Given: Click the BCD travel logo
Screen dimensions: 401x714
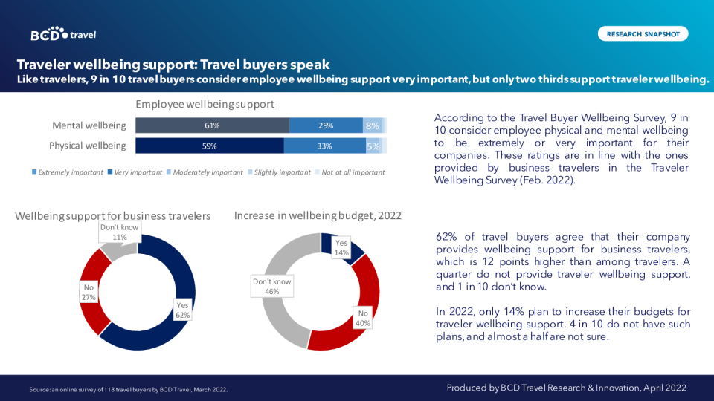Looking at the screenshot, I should pyautogui.click(x=63, y=34).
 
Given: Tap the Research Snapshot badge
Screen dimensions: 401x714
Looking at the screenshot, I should pyautogui.click(x=643, y=34).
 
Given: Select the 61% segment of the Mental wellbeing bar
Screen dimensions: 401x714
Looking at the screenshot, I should pyautogui.click(x=212, y=125).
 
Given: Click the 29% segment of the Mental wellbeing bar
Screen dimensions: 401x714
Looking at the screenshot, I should pyautogui.click(x=326, y=125).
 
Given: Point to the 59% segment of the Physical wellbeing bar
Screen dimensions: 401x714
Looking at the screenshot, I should pyautogui.click(x=209, y=146).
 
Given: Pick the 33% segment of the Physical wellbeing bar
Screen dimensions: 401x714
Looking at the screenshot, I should pyautogui.click(x=324, y=146).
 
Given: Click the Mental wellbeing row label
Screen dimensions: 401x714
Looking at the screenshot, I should pyautogui.click(x=89, y=125).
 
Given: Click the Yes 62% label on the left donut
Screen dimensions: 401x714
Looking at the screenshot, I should pyautogui.click(x=182, y=310).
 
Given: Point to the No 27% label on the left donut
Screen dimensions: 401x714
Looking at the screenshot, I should pyautogui.click(x=89, y=292).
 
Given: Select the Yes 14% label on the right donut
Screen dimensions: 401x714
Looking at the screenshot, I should pyautogui.click(x=341, y=248).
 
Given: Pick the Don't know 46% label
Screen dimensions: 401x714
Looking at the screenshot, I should pyautogui.click(x=272, y=287).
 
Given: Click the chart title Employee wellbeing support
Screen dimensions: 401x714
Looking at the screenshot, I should pyautogui.click(x=205, y=104).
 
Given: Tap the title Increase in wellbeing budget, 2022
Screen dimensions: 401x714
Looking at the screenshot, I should pyautogui.click(x=318, y=215).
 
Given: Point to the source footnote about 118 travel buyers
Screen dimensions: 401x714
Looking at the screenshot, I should pyautogui.click(x=128, y=389).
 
